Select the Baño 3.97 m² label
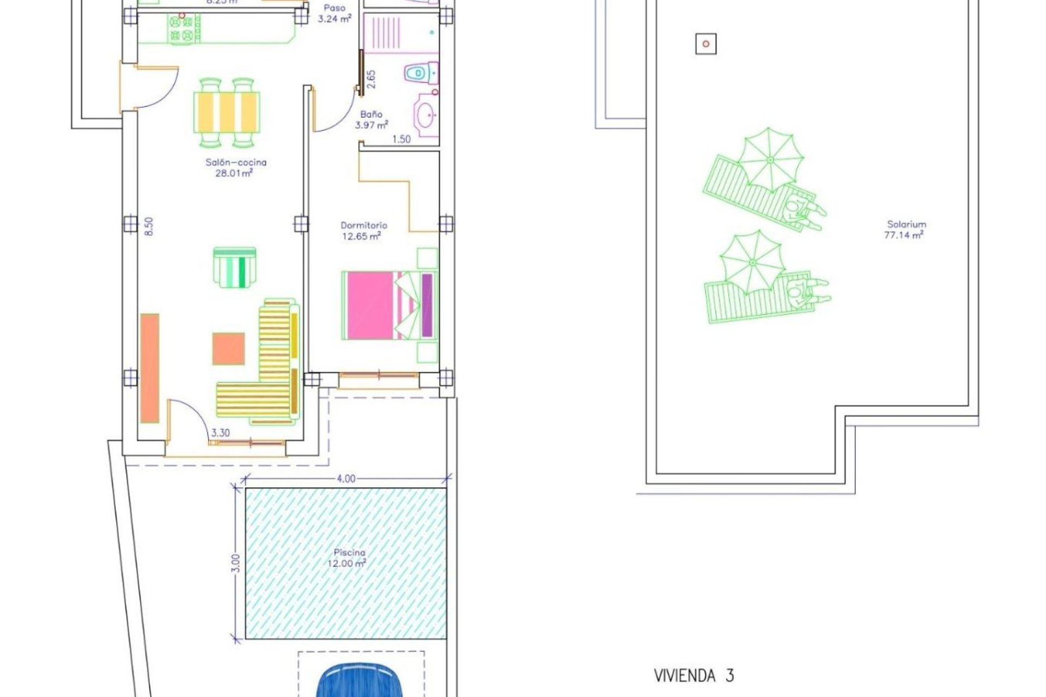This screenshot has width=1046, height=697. [x=372, y=120]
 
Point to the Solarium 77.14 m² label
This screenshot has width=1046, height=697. [x=906, y=230]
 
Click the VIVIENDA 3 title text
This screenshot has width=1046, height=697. [x=694, y=676]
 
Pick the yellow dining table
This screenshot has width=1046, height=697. [x=227, y=112]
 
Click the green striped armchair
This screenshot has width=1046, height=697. [x=235, y=267]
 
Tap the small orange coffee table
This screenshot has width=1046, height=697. [x=228, y=348]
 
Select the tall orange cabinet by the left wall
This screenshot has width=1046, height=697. [x=150, y=368]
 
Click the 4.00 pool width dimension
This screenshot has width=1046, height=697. [x=346, y=479]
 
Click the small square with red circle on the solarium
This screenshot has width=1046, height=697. [x=706, y=44]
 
